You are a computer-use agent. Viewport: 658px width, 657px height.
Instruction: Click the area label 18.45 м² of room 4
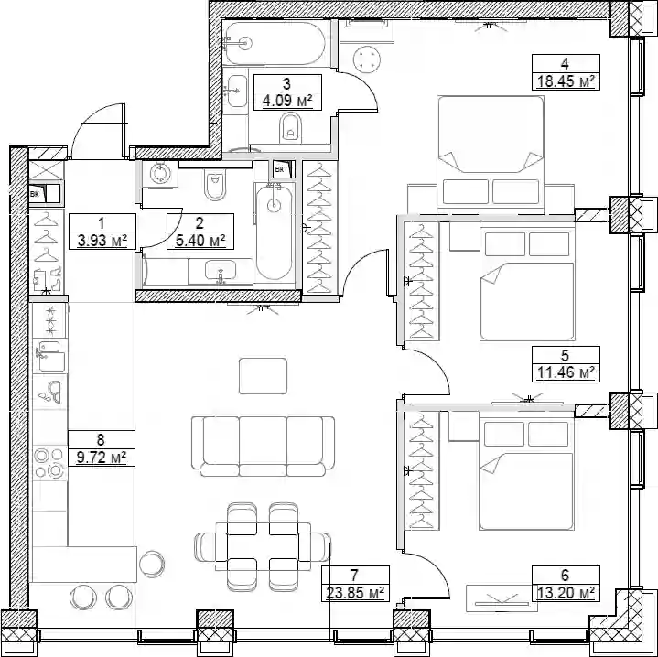tap(566, 81)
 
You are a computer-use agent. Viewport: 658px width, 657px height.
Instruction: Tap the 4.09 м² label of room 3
tap(287, 101)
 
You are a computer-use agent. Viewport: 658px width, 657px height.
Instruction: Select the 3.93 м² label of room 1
tap(102, 241)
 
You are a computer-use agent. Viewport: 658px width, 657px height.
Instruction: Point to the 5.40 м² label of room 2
tap(200, 241)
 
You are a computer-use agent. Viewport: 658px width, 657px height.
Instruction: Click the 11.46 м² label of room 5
tap(566, 373)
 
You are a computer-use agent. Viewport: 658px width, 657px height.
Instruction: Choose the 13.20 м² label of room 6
tap(566, 593)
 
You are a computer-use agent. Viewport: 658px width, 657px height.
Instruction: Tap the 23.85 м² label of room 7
tap(355, 593)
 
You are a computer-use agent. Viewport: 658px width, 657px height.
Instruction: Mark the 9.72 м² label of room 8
tap(102, 458)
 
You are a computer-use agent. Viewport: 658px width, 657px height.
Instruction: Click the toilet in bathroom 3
tap(290, 129)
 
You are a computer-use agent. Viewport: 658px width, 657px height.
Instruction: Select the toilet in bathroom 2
tap(216, 185)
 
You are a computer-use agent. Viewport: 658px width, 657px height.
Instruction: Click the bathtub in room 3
tap(274, 43)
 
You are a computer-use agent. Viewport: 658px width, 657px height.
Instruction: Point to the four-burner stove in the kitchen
tap(49, 463)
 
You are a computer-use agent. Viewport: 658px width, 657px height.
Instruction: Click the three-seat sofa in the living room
tap(264, 447)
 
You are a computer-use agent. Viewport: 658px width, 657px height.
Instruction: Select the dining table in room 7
tap(264, 546)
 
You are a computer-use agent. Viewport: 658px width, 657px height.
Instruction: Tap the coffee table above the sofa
tap(264, 376)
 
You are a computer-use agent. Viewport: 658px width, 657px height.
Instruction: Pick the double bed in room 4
tap(491, 156)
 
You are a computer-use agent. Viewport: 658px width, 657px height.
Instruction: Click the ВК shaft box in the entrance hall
tap(45, 194)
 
